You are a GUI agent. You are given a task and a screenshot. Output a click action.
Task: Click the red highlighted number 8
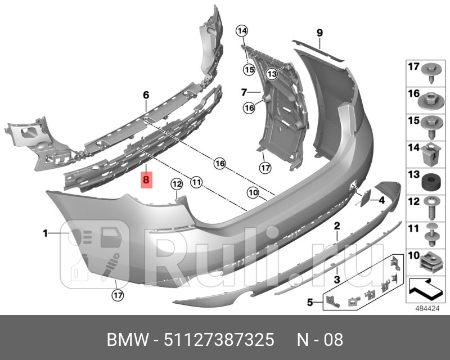point(146,181)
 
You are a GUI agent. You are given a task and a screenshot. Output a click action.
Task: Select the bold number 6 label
point(145,95)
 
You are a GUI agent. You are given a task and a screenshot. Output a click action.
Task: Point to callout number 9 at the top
point(319,32)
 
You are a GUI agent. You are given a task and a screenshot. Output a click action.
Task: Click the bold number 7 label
point(244,92)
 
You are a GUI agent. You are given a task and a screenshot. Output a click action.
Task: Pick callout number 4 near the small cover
point(381,200)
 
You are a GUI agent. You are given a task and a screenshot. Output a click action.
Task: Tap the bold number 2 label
point(336,227)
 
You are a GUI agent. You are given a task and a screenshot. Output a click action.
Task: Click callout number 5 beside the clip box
point(309,303)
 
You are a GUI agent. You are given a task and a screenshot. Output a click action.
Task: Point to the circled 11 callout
point(196,182)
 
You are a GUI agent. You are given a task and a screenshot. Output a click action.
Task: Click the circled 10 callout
point(253,193)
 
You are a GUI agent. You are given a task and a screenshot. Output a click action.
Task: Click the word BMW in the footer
point(125,340)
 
